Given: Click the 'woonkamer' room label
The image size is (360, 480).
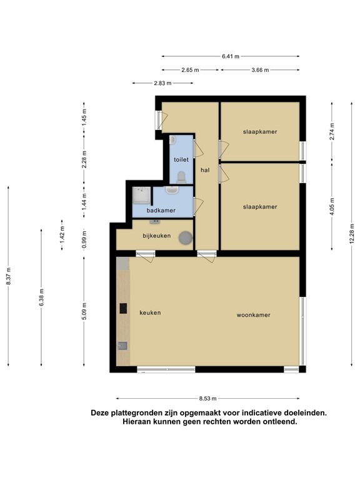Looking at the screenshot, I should [253, 315].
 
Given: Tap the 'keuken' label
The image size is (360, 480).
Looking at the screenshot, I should [150, 312].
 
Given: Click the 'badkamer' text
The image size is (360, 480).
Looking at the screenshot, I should [161, 211].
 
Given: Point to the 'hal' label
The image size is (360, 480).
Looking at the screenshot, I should [204, 170].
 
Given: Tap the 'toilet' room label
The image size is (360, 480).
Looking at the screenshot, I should [181, 159].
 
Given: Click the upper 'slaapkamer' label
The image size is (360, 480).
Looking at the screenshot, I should [260, 132].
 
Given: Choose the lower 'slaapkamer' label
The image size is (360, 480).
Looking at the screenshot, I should [260, 206].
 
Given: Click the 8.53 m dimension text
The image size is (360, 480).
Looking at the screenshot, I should [208, 398].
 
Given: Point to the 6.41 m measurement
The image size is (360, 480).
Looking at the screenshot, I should [230, 56].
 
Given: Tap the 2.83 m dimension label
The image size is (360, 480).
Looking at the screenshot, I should [162, 83].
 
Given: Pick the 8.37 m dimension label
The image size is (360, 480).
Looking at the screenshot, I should [8, 276].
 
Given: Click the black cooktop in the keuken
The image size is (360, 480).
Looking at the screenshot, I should [123, 308].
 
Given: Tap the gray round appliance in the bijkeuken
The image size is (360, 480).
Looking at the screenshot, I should [185, 237].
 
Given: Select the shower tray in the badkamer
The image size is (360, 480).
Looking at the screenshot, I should [141, 196].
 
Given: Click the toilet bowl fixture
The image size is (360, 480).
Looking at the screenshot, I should [181, 177].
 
